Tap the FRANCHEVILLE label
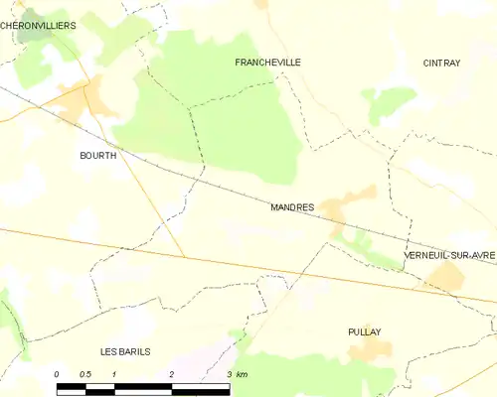click(x=267, y=62)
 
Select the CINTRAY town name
click(x=441, y=63)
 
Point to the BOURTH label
click(x=98, y=156)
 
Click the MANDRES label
click(x=292, y=208)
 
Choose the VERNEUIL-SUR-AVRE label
click(x=449, y=256)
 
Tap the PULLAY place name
click(x=365, y=331)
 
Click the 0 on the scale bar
click(x=57, y=374)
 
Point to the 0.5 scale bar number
click(x=85, y=374)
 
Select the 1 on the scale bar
click(x=115, y=374)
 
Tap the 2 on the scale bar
click(x=173, y=374)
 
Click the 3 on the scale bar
click(x=230, y=374)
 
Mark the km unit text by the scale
click(x=244, y=374)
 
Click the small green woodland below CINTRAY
click(x=390, y=101)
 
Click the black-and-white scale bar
click(x=144, y=385)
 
